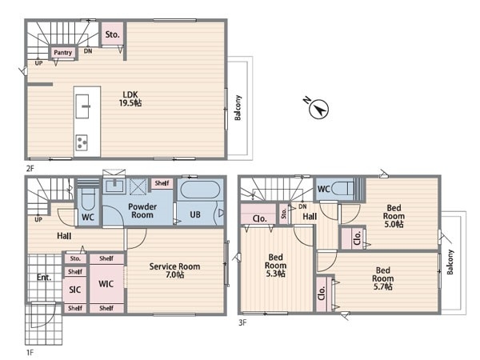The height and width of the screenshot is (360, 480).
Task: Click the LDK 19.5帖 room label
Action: click(x=130, y=98)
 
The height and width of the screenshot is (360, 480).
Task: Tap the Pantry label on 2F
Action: click(x=62, y=52)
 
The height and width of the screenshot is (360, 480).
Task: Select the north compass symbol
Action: click(x=318, y=108)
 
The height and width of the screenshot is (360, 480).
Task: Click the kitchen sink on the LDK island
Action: click(x=82, y=106)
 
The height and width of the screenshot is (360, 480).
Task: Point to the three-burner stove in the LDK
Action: click(x=82, y=142)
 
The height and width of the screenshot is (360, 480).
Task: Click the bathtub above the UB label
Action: click(x=200, y=190)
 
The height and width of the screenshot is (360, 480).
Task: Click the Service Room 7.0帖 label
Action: click(x=174, y=270)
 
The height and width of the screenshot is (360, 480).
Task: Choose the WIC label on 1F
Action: click(x=106, y=284)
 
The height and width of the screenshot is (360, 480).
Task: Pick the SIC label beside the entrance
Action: click(x=75, y=290)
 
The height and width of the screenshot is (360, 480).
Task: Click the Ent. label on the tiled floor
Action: click(x=44, y=278)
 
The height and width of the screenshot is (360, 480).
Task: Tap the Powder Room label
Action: click(x=142, y=210)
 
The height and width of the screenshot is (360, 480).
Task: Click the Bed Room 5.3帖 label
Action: click(x=275, y=265)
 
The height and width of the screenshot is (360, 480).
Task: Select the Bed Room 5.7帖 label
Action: click(x=382, y=278)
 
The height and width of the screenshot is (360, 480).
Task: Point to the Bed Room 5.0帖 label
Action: click(x=394, y=216)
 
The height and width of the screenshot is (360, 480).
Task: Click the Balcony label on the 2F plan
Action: click(x=238, y=107)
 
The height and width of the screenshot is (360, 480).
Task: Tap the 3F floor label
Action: click(x=242, y=322)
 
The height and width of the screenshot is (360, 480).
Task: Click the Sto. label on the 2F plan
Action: click(x=112, y=34)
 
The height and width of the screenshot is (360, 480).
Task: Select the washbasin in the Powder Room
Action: click(x=114, y=186)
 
